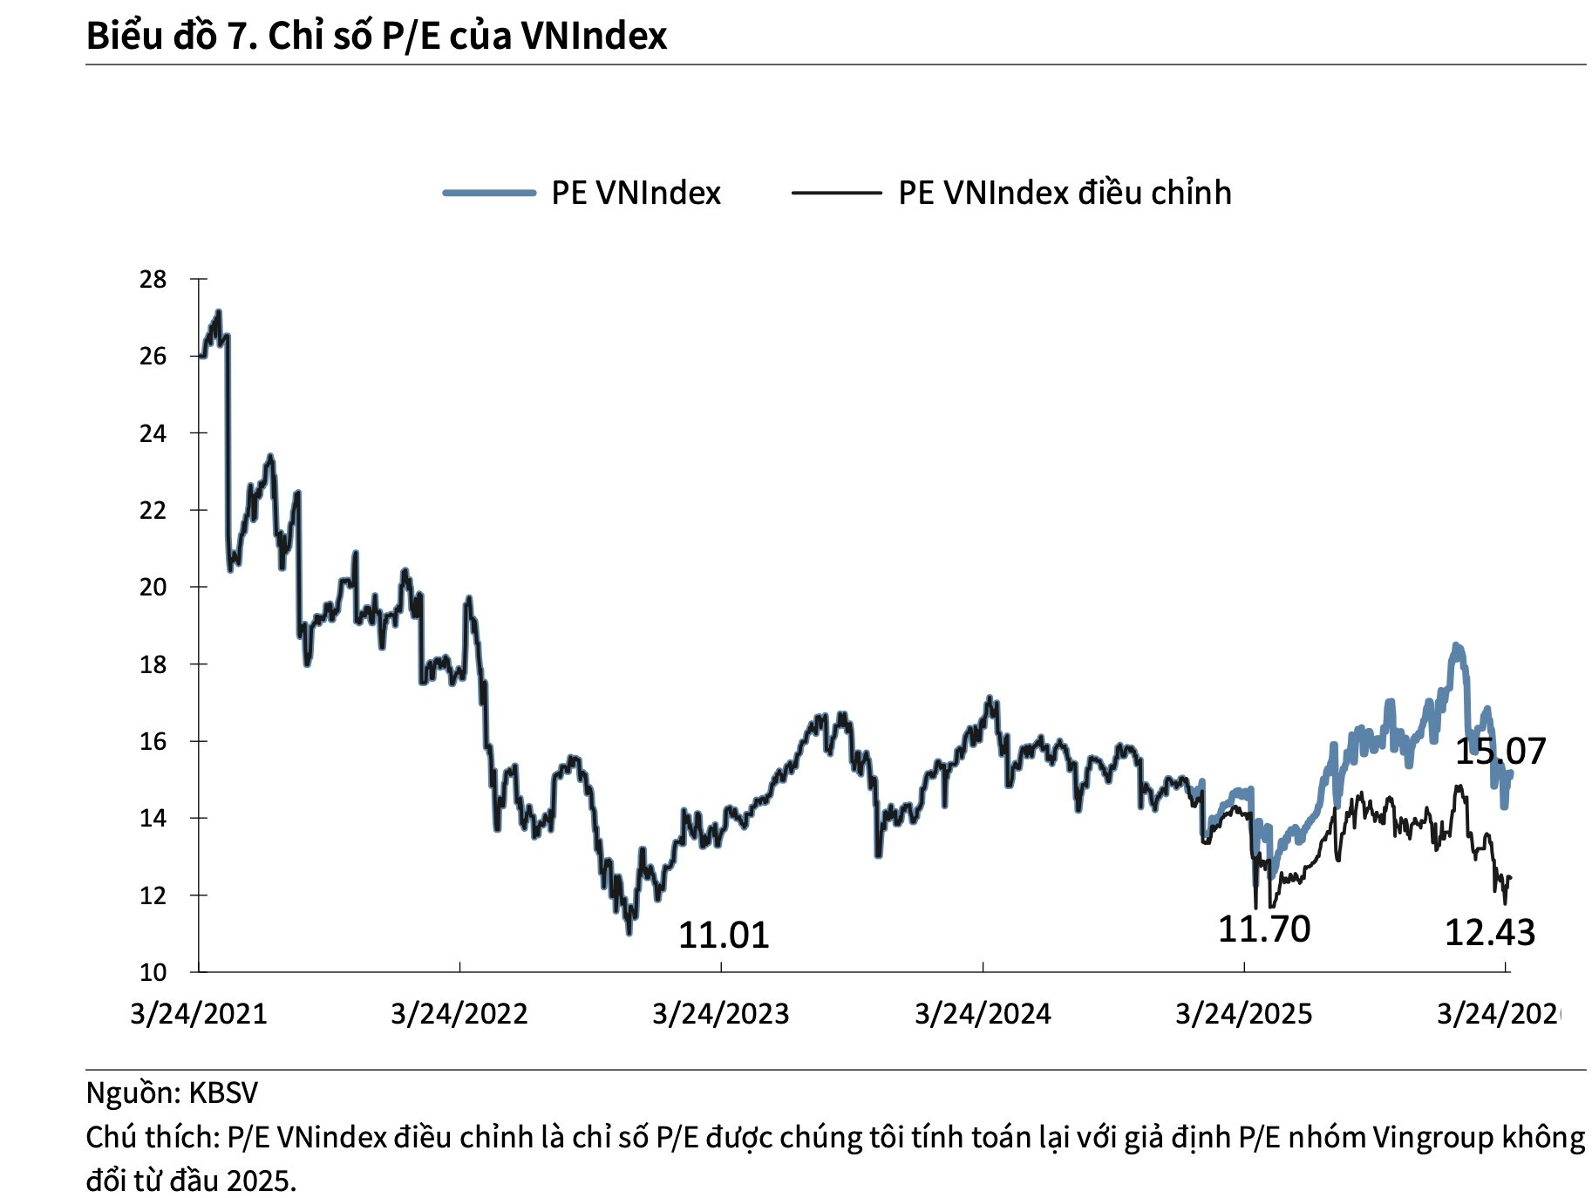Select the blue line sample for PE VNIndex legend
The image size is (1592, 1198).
[488, 193]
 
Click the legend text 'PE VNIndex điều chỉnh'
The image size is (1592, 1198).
[1065, 193]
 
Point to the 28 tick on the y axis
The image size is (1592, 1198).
[153, 279]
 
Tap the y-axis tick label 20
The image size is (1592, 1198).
[153, 587]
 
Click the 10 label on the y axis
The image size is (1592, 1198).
[153, 972]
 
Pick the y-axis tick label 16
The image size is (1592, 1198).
[153, 741]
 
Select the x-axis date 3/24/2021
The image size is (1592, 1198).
[199, 1013]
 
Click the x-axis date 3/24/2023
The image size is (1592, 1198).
[721, 1013]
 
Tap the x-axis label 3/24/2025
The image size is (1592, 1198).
[1243, 1013]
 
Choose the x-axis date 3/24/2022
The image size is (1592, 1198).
[459, 1013]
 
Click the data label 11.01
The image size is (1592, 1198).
[724, 936]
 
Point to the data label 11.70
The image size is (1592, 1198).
[1263, 929]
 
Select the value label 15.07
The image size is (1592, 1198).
[1500, 751]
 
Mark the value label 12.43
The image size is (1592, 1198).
[1489, 933]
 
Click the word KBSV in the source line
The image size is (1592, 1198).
[223, 1092]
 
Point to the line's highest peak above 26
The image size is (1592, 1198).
[218, 311]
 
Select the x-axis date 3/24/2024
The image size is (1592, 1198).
[983, 1013]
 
